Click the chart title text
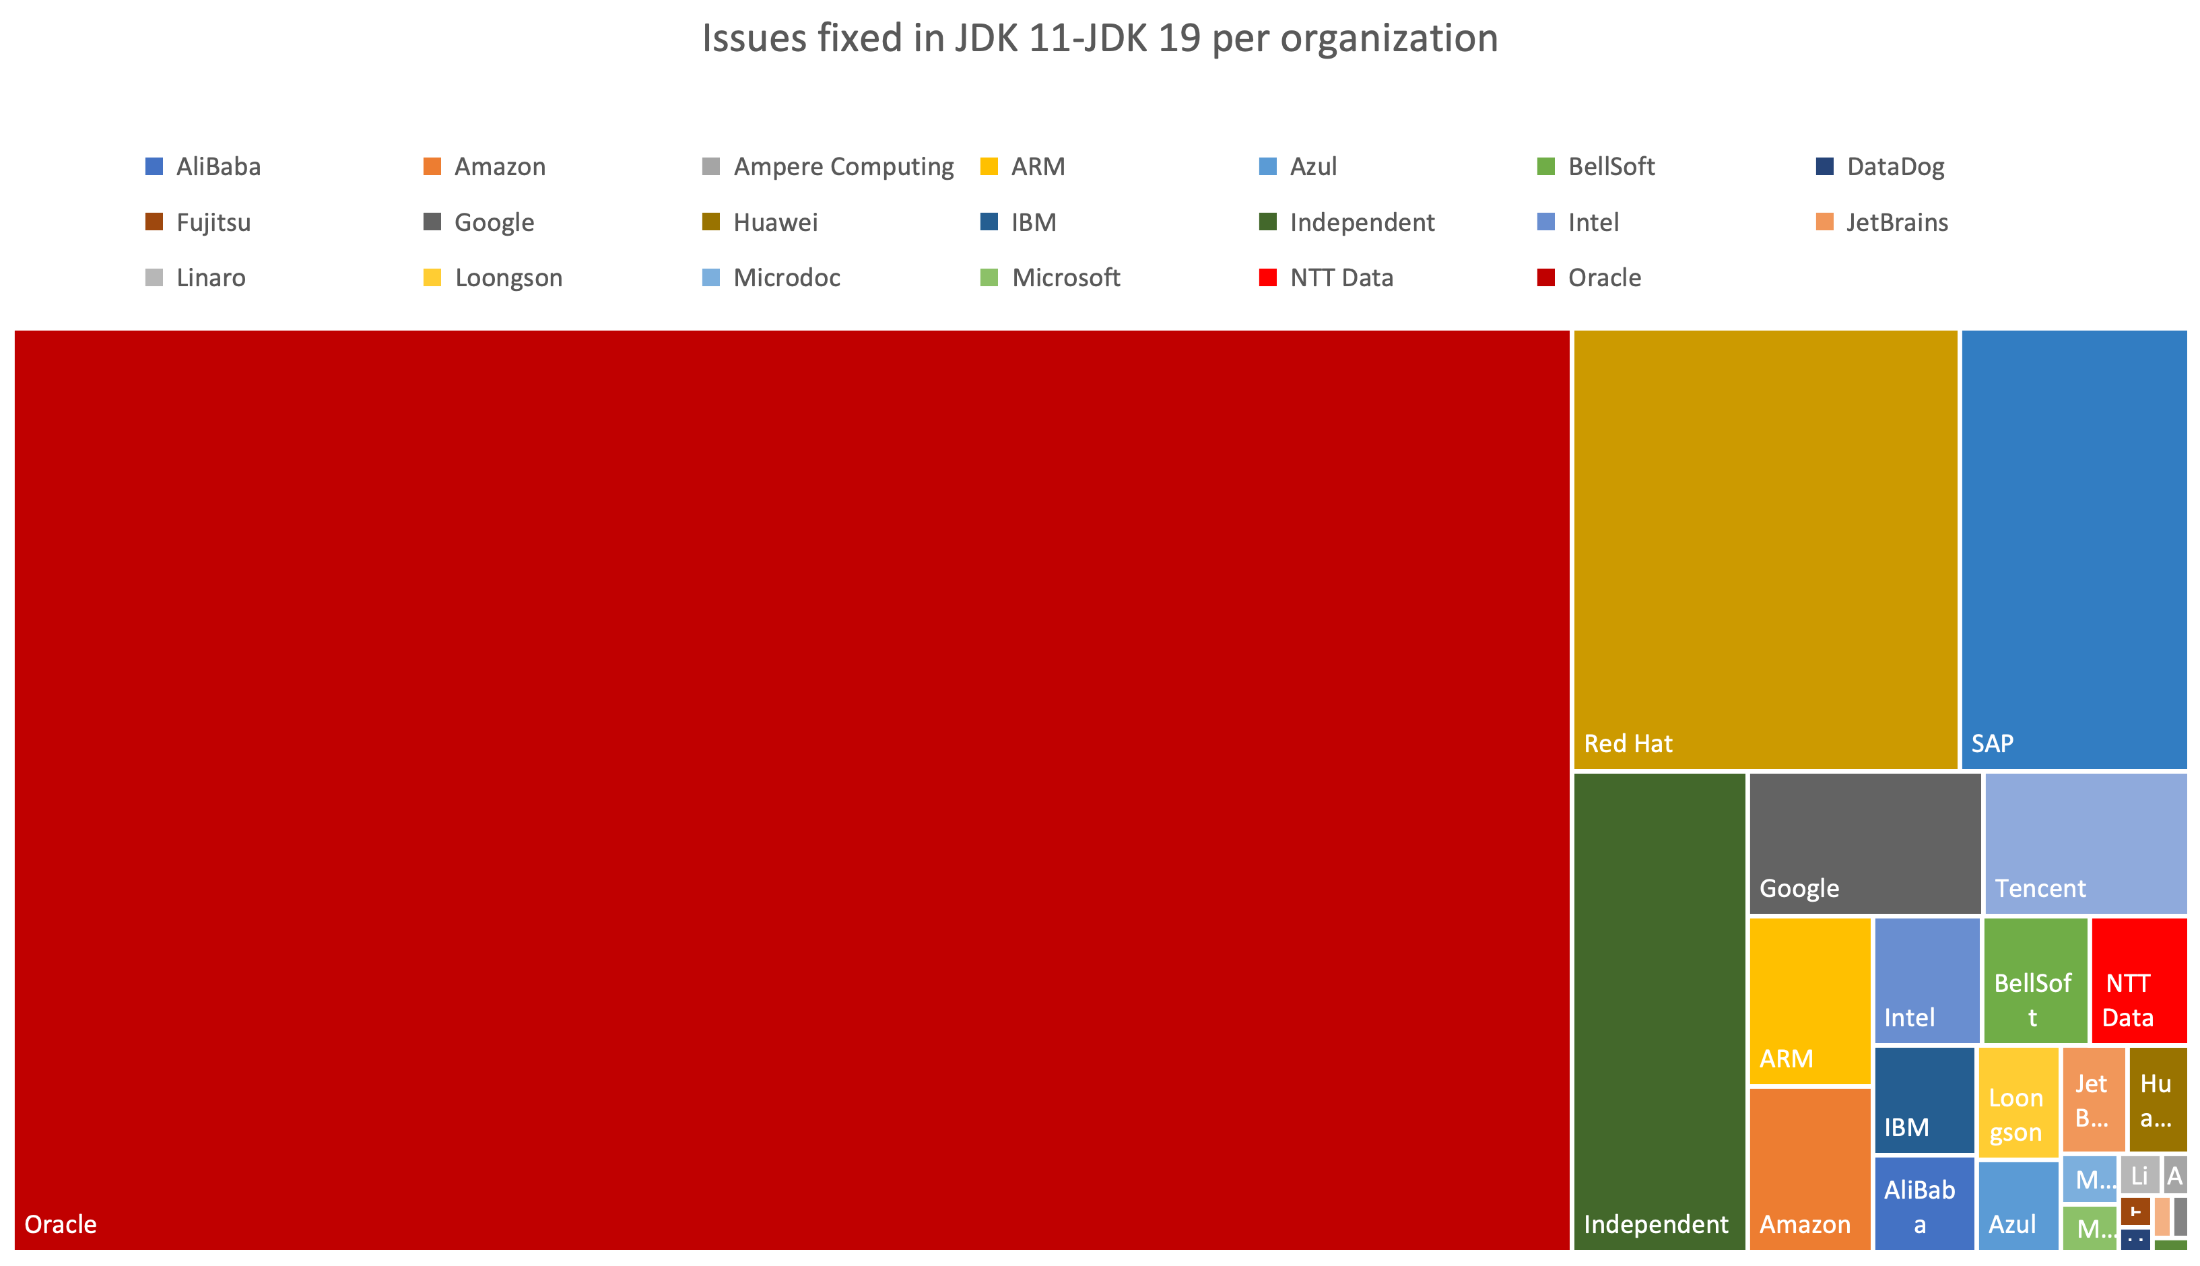click(x=1100, y=39)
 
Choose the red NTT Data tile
click(x=2138, y=979)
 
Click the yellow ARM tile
click(x=1809, y=1000)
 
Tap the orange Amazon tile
click(x=1809, y=1168)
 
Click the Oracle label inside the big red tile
click(x=61, y=1224)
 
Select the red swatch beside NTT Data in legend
click(x=1267, y=278)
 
